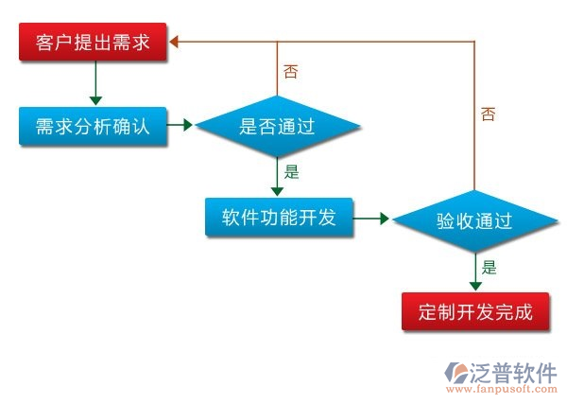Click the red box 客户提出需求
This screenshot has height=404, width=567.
[x=93, y=44]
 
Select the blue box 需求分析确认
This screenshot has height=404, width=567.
[x=93, y=125]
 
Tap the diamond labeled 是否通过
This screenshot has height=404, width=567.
[x=277, y=125]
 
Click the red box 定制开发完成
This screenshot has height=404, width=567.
[x=474, y=310]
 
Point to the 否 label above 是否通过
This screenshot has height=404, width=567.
[x=290, y=71]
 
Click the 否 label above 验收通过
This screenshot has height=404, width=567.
[x=488, y=114]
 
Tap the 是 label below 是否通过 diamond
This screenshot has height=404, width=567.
[x=291, y=172]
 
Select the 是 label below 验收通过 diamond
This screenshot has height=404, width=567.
[x=489, y=267]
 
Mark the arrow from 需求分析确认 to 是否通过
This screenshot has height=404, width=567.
[x=180, y=124]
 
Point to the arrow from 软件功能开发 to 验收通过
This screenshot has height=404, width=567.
[x=372, y=219]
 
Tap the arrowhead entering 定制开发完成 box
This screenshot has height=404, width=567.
[x=474, y=285]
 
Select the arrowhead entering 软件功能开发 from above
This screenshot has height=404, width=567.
[x=277, y=192]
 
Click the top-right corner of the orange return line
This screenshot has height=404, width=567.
[x=473, y=43]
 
